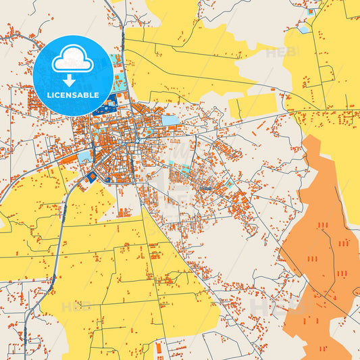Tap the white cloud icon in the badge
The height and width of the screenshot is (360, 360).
[x=72, y=61]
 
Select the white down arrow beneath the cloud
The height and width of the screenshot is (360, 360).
[x=72, y=79]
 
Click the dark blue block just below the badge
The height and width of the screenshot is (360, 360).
[x=106, y=105]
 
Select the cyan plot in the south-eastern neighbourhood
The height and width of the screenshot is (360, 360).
[x=230, y=183]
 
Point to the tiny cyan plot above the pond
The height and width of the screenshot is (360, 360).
[x=311, y=12]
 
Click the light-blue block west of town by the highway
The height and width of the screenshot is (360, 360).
[x=85, y=157]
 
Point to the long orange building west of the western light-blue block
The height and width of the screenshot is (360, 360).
[x=72, y=161]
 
